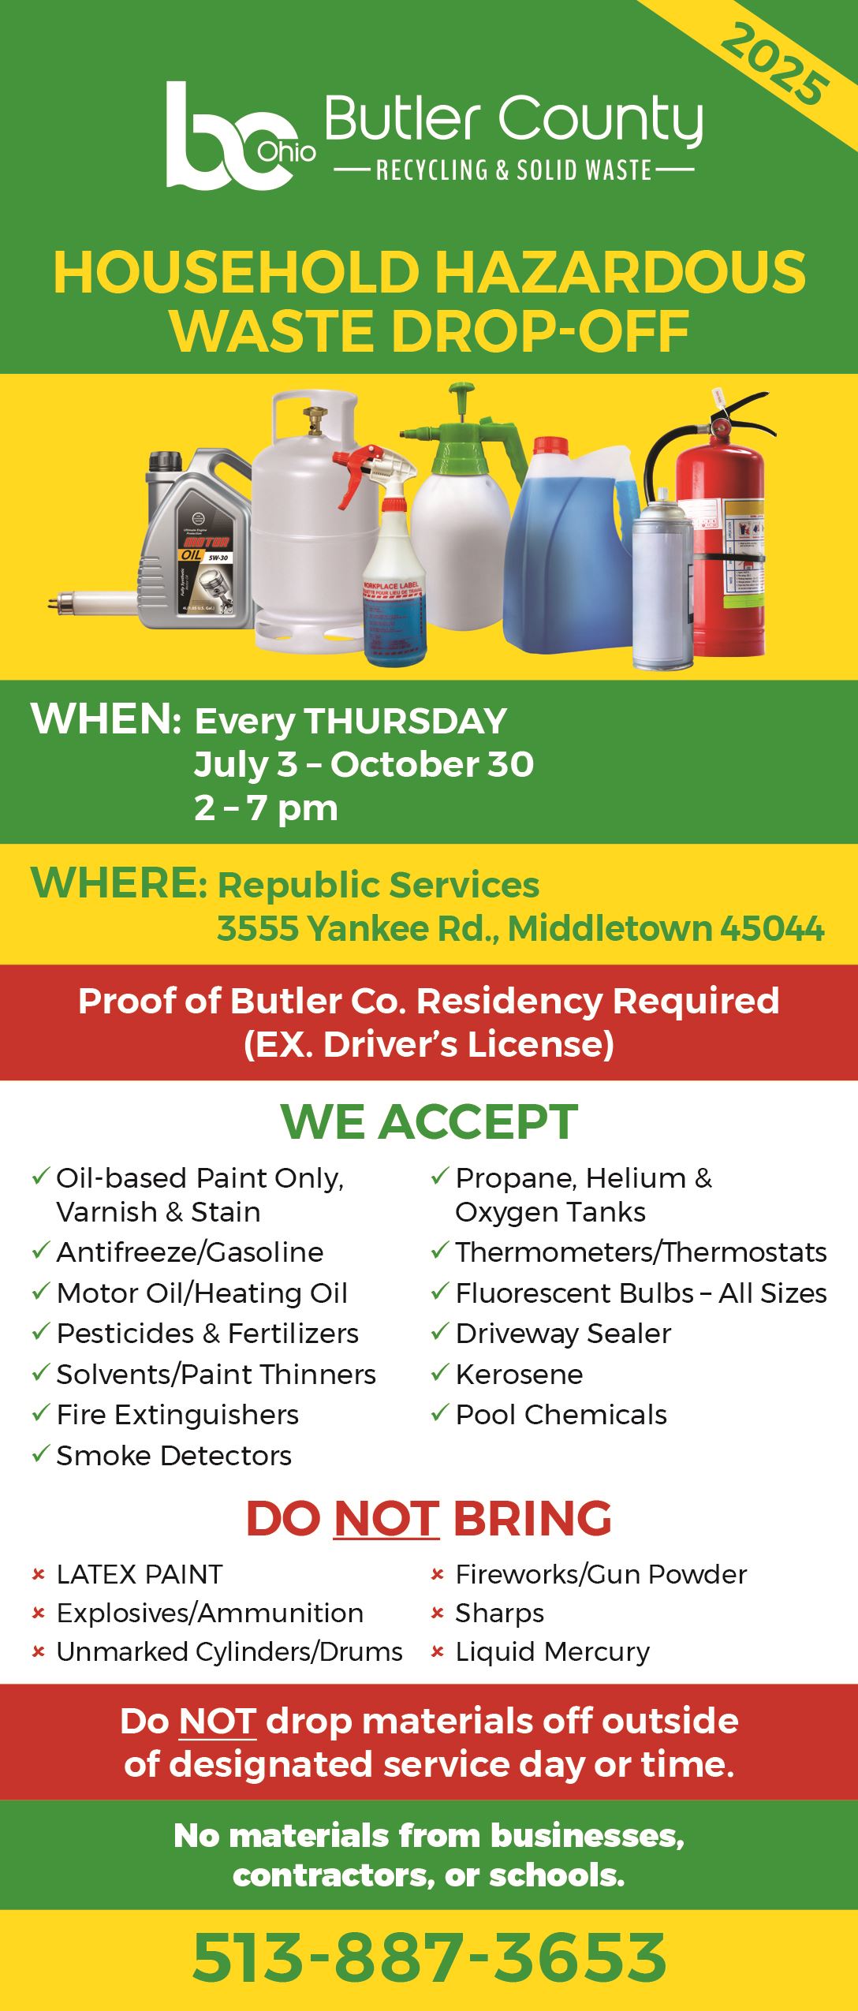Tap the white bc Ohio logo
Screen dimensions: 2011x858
[x=237, y=136]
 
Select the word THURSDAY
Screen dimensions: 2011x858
[x=406, y=722]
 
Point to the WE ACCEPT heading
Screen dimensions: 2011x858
[x=429, y=1122]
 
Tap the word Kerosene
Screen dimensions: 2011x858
[x=519, y=1374]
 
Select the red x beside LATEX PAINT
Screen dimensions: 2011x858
[x=38, y=1575]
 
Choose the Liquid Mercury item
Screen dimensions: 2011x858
[x=552, y=1651]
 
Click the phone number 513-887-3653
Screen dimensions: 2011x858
[x=429, y=1958]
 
